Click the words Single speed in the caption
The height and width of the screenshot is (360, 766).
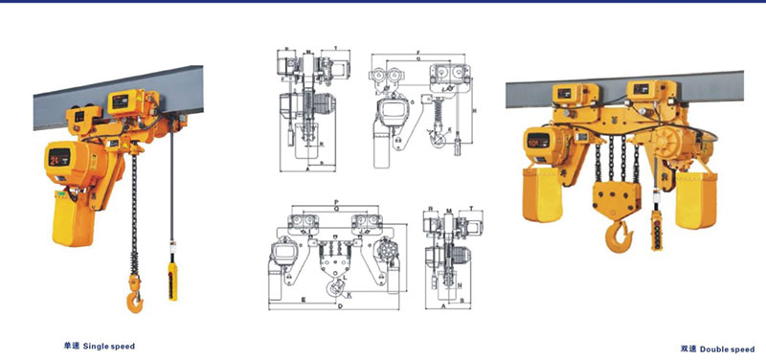coord(112,345)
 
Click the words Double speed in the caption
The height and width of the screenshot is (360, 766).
coord(732,349)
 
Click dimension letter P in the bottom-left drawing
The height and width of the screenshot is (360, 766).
coord(336,203)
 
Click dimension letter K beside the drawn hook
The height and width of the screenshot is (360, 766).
coord(349,293)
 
